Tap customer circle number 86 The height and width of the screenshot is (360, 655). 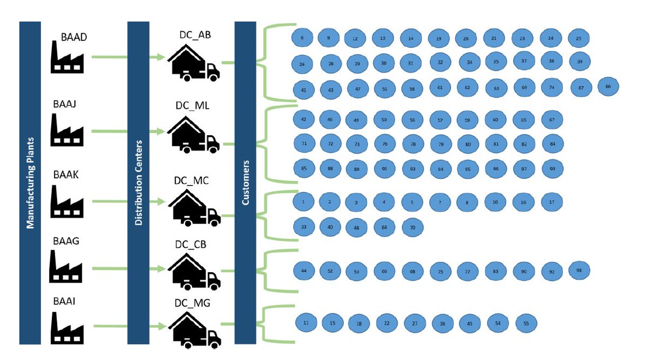608,87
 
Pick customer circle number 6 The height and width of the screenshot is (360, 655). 302,38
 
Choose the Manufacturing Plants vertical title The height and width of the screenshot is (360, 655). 30,183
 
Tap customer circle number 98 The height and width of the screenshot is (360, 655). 579,270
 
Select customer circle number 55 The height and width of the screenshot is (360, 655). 526,323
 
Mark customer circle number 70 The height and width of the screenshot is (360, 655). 412,227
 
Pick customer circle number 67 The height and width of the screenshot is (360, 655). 552,119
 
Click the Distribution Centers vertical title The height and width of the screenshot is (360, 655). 138,183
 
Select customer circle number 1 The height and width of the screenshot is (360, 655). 302,201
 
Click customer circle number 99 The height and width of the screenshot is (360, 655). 552,169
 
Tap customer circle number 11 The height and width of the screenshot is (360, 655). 306,323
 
